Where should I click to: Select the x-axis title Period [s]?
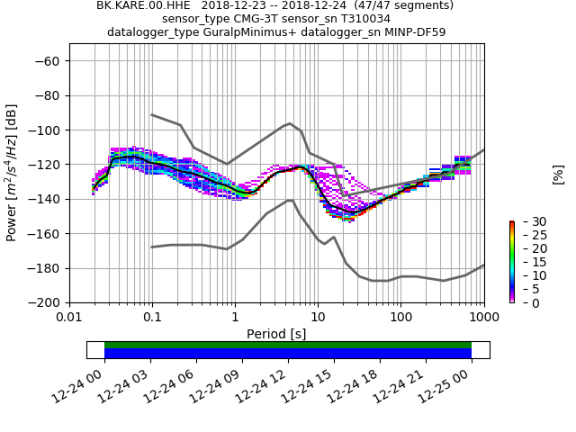tap(276, 334)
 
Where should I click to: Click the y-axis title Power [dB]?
tap(12, 173)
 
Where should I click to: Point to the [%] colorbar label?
tap(558, 174)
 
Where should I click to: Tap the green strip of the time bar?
tap(288, 345)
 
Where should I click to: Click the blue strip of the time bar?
tap(288, 354)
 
